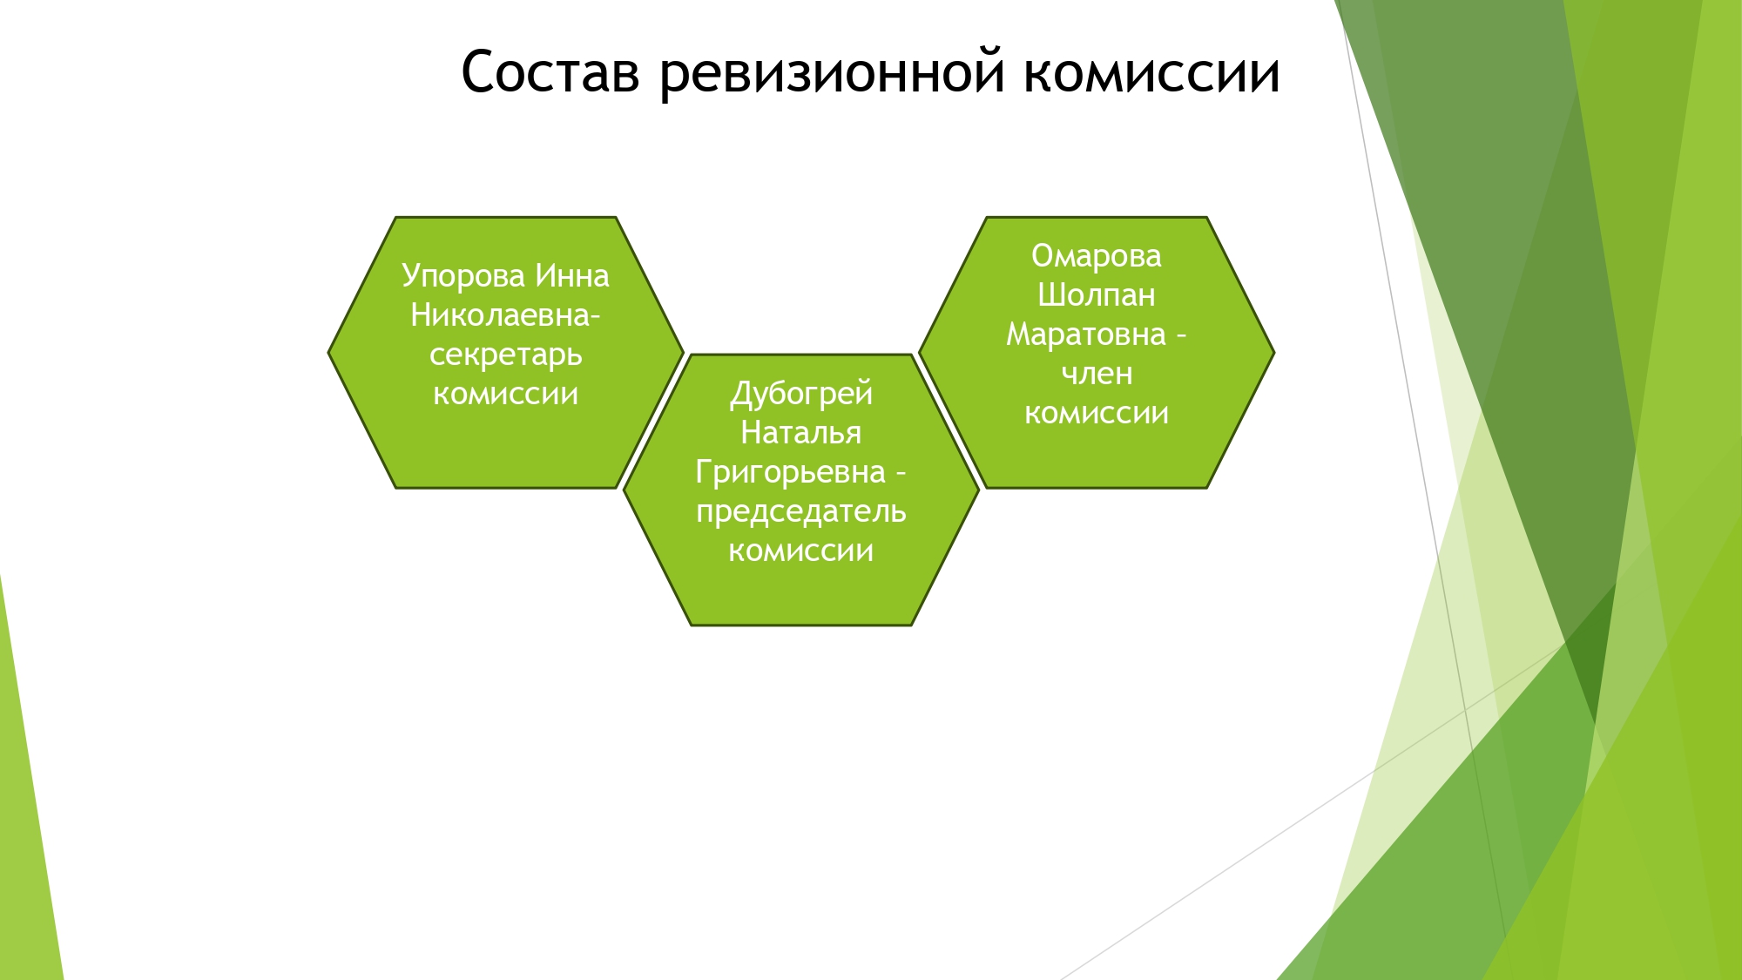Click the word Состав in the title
pos(550,72)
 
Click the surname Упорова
pos(463,277)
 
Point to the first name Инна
pos(572,276)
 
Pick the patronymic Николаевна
pos(501,315)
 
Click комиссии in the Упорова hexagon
pos(506,394)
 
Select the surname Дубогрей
pos(801,395)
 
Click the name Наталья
pos(801,433)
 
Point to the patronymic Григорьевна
pos(790,472)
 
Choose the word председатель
pos(801,512)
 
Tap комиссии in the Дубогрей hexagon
pos(801,551)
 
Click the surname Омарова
pos(1097,257)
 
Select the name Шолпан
pos(1097,295)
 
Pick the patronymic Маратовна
pos(1086,335)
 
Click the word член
pos(1097,375)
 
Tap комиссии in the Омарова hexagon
pos(1097,413)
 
